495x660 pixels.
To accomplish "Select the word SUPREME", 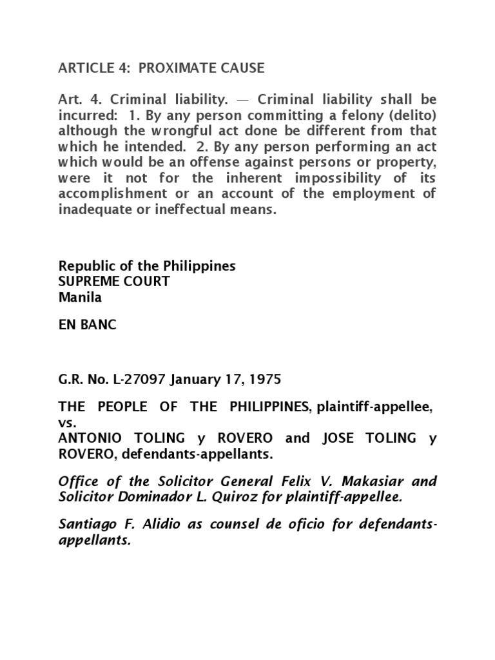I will pyautogui.click(x=89, y=282).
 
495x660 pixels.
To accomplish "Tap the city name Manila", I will pyautogui.click(x=80, y=297).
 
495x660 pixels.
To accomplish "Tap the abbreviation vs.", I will pyautogui.click(x=66, y=422).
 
